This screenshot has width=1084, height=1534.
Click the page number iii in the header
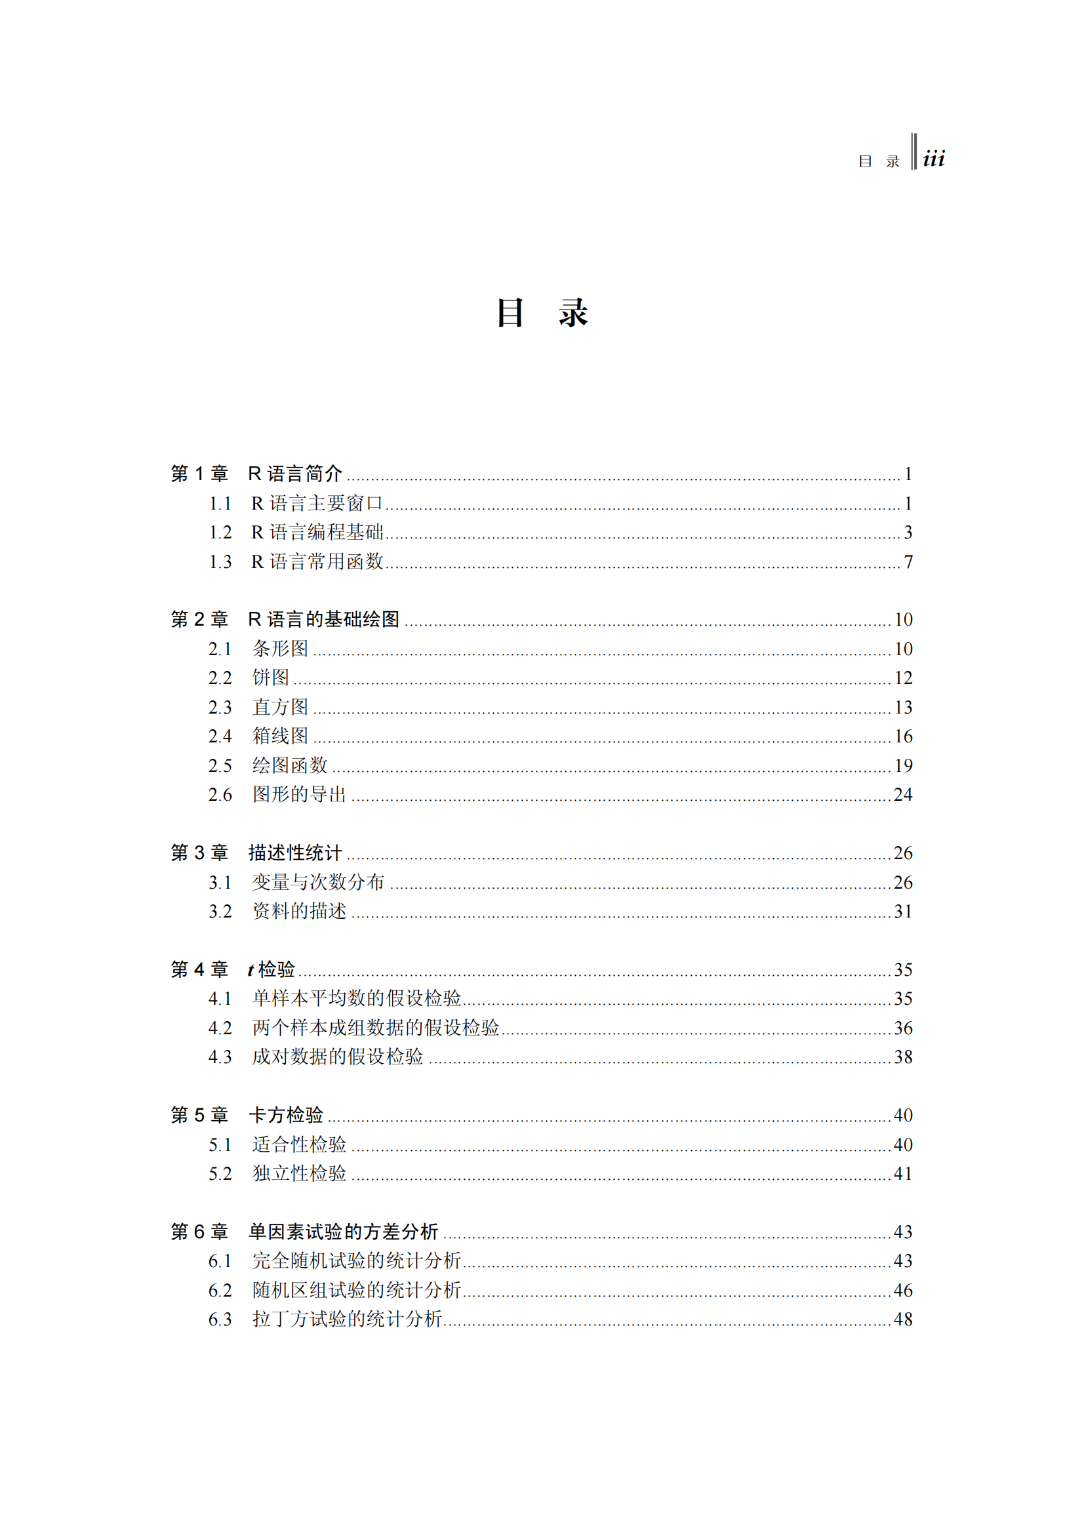coord(933,159)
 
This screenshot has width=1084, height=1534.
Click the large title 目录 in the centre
coord(542,313)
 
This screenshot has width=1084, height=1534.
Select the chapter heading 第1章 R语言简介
coord(256,474)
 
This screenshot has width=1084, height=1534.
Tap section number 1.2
coord(220,533)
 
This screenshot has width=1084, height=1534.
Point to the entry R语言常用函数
coord(317,562)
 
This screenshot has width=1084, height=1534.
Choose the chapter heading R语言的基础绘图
coord(323,619)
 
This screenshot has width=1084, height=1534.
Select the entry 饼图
coord(270,677)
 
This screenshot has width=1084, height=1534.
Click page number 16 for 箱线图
coord(903,737)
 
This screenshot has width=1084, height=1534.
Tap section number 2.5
coord(220,765)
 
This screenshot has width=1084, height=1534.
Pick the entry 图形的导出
coord(299,794)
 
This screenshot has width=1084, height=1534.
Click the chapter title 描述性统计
coord(294,853)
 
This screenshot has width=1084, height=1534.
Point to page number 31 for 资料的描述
coord(903,912)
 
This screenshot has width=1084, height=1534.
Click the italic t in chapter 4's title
coord(251,970)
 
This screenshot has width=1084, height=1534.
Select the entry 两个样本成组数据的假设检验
coord(375,1028)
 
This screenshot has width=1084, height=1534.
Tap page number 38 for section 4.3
coord(903,1057)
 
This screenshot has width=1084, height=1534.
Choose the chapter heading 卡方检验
coord(286,1115)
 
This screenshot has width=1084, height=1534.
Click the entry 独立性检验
coord(299,1173)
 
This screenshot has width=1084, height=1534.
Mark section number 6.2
coord(220,1290)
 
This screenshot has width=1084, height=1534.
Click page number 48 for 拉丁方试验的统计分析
coord(903,1320)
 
